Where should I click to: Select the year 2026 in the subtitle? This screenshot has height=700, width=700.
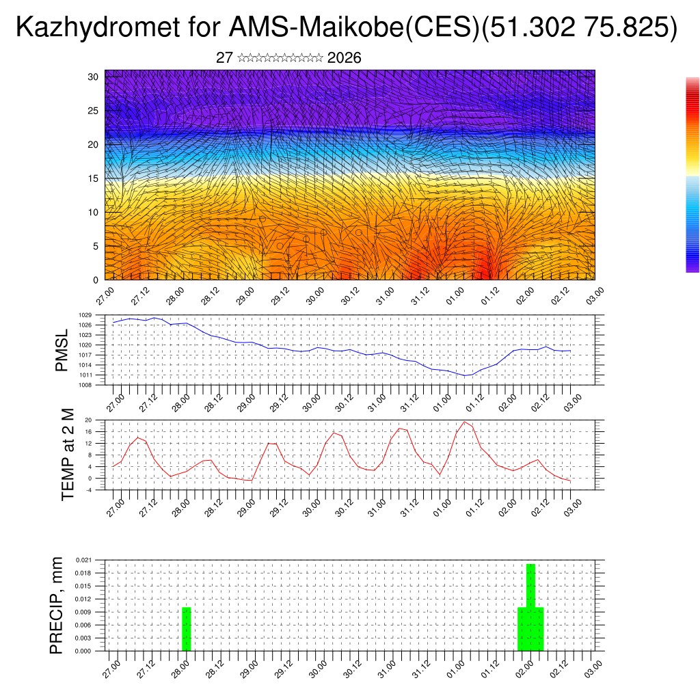(x=345, y=58)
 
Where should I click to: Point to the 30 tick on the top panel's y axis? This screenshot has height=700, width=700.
(x=93, y=77)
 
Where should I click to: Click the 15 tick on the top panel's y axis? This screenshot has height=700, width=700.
(x=93, y=178)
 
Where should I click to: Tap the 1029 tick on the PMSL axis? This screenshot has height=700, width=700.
(x=96, y=315)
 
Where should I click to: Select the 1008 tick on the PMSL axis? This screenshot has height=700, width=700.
(x=96, y=385)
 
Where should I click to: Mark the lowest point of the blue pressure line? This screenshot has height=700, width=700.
(x=466, y=375)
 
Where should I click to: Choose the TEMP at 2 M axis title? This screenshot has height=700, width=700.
(x=68, y=455)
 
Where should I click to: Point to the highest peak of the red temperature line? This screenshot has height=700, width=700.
(x=465, y=422)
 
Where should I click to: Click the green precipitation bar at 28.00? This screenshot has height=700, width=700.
(x=186, y=629)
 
